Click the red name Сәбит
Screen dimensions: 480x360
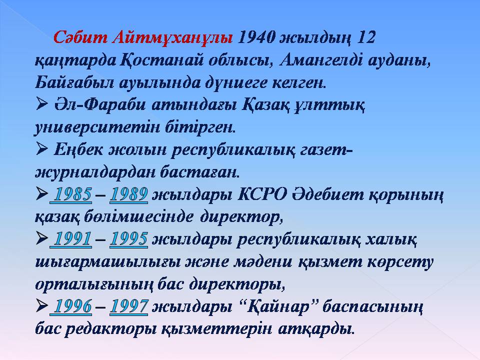pyautogui.click(x=81, y=37)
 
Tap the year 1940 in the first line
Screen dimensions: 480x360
pyautogui.click(x=257, y=37)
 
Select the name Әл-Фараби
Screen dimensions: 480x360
pyautogui.click(x=100, y=105)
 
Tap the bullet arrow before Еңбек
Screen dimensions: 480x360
pyautogui.click(x=41, y=149)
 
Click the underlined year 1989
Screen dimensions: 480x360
pyautogui.click(x=129, y=194)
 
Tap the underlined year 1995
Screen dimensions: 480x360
pyautogui.click(x=129, y=239)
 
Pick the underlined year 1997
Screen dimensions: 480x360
pyautogui.click(x=129, y=306)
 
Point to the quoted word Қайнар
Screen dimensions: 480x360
pyautogui.click(x=278, y=306)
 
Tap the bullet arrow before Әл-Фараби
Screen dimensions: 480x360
pyautogui.click(x=41, y=104)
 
